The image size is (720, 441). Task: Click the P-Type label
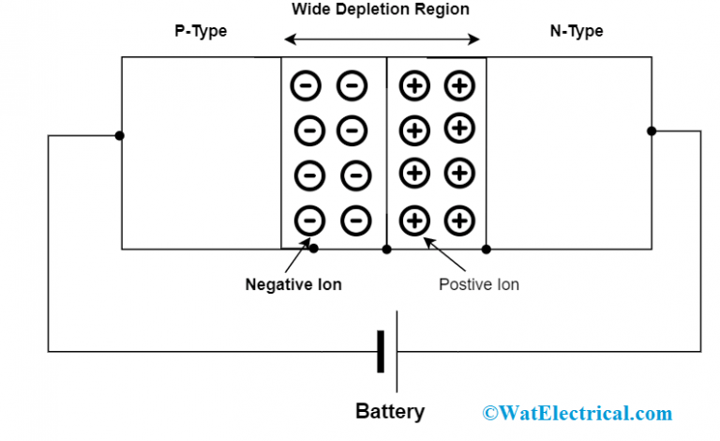pos(201,31)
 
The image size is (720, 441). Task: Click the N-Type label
pos(576,31)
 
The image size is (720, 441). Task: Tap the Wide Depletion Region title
pos(381,9)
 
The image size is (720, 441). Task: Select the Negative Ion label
pos(293,284)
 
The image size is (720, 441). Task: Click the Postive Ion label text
pos(478,284)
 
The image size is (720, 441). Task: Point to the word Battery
pos(389,411)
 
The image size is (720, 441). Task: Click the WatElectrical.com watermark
pos(577,413)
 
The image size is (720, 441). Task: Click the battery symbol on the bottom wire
pos(387,352)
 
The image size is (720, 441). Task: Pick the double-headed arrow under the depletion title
pos(382,39)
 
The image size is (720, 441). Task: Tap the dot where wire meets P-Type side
pos(120,135)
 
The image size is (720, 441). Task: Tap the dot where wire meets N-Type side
pos(652,131)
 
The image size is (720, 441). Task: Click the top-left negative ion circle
pos(307,86)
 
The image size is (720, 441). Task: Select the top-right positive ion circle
pos(459,86)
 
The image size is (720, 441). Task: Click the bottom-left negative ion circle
pos(309,221)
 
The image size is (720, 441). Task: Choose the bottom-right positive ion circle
pos(459,221)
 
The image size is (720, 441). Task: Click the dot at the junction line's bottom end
pos(387,250)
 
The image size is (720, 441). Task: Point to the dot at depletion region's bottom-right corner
pos(487,250)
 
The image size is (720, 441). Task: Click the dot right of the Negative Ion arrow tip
pos(315,250)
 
